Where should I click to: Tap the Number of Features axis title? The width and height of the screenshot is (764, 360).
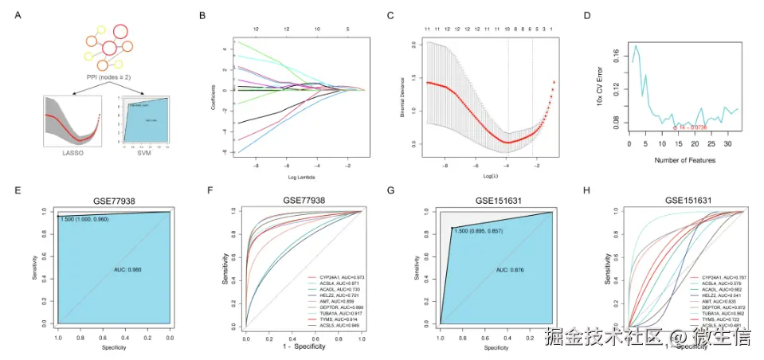point(683,160)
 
